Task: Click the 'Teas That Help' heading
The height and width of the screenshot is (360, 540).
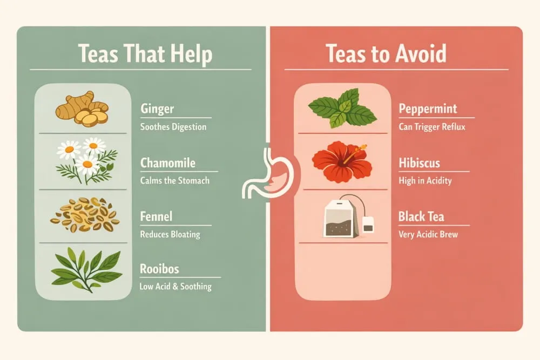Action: [145, 55]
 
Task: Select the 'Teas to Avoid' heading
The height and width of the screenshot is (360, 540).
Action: [386, 55]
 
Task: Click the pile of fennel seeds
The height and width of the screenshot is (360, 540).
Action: [85, 214]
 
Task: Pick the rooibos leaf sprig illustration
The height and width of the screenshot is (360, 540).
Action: [86, 268]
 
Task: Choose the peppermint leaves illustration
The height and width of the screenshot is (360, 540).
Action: [342, 108]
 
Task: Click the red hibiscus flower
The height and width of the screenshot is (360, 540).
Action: [342, 160]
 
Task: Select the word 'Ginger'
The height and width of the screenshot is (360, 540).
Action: [157, 109]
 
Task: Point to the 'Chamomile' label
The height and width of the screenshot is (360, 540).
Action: [168, 163]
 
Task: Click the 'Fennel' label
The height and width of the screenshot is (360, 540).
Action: [156, 217]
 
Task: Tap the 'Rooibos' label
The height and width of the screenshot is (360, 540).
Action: [159, 269]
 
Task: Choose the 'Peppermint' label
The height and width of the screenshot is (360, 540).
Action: [428, 109]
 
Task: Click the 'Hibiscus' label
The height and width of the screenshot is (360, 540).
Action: [420, 163]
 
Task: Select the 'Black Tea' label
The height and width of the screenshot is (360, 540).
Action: [421, 217]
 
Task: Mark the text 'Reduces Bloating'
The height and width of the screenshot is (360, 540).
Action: [170, 234]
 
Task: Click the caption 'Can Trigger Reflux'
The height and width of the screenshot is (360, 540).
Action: [432, 127]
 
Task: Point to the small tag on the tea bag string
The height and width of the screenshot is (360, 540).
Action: [368, 224]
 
